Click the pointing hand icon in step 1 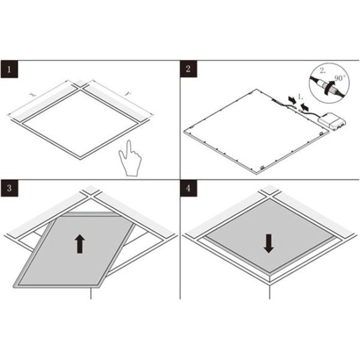click(130, 159)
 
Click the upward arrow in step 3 click(79, 243)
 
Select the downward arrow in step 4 click(269, 242)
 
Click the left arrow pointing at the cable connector click(292, 97)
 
